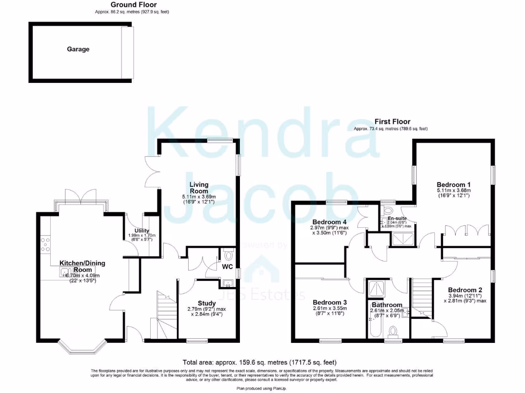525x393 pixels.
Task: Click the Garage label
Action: [78, 50]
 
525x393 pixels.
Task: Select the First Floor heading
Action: [392, 122]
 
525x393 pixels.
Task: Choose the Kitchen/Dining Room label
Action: [83, 266]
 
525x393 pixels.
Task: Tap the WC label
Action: [228, 267]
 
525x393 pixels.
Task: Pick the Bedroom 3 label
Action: [330, 302]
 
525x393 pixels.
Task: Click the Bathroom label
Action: [388, 305]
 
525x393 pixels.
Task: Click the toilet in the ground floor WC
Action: [229, 253]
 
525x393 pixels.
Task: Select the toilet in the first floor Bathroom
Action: [394, 334]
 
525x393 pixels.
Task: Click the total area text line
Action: [261, 361]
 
